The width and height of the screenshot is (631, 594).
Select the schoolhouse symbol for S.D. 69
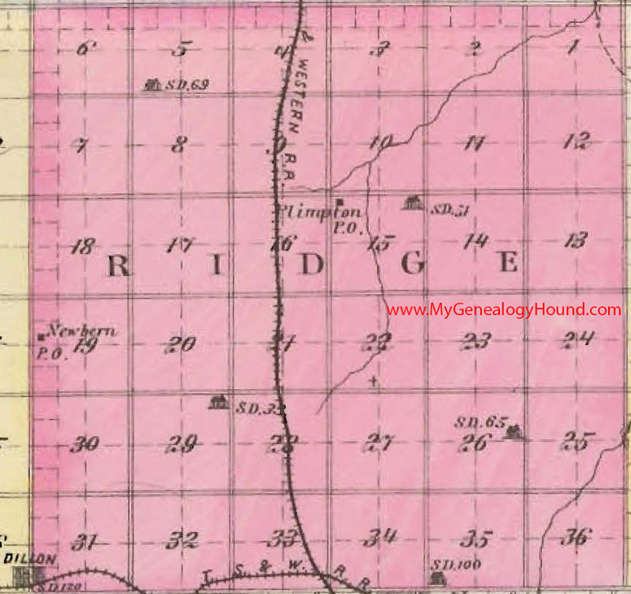click(x=151, y=84)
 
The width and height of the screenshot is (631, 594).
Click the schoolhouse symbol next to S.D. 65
click(x=513, y=433)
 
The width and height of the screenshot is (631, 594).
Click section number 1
click(x=572, y=48)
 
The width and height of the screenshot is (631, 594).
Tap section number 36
click(x=576, y=537)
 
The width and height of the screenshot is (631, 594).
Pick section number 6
click(x=83, y=48)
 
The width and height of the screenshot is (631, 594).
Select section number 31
click(x=84, y=541)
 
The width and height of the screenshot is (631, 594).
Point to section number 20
click(x=180, y=344)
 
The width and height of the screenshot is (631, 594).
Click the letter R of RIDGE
click(x=119, y=265)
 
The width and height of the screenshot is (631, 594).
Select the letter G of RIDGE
click(x=413, y=265)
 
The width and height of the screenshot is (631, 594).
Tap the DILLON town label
click(x=30, y=559)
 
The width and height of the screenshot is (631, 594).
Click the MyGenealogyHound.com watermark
click(x=503, y=310)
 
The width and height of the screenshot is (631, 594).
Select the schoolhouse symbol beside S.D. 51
click(x=414, y=203)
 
